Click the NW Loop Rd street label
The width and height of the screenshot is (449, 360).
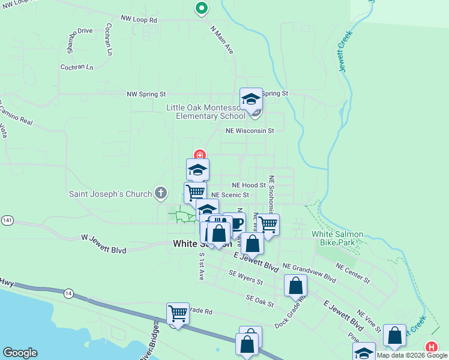138,20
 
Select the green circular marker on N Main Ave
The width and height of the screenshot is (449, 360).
202,8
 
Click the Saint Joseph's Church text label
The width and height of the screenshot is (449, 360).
111,193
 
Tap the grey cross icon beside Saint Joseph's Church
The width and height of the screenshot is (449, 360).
160,193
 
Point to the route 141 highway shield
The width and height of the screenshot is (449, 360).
7,220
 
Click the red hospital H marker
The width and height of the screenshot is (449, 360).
431,347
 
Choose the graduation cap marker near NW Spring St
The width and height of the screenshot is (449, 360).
251,98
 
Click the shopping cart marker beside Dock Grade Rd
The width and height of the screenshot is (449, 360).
178,313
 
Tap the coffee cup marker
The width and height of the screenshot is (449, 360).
235,223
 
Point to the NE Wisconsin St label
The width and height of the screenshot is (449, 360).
250,130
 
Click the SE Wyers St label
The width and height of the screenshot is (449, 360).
246,277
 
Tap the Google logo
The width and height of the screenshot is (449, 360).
20,353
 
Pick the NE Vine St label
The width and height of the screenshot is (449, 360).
369,321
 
